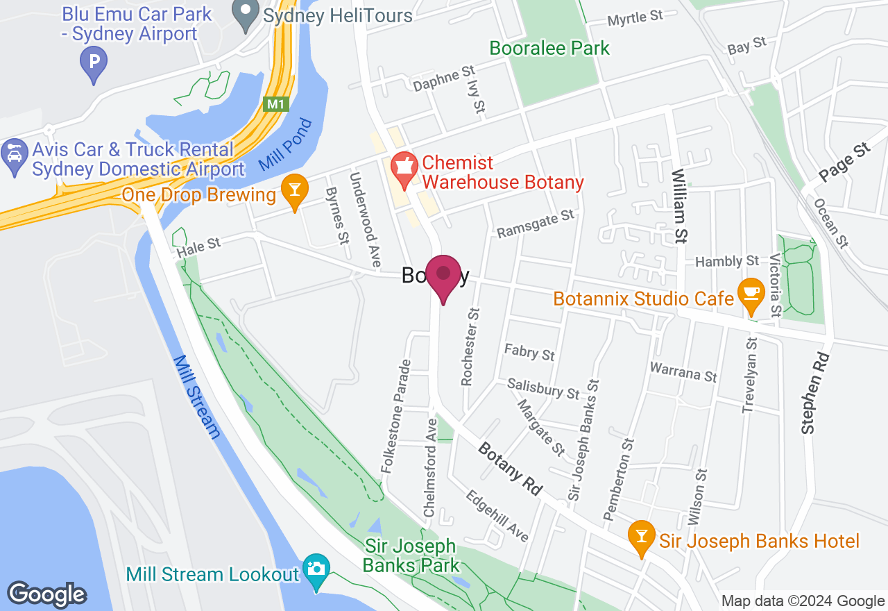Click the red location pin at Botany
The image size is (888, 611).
pos(443,275)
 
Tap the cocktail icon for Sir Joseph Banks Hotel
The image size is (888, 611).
pos(641,537)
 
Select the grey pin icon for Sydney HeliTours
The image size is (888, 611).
pos(244,15)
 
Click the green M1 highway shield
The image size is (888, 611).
pos(275,104)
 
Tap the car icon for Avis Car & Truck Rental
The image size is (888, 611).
pos(13,151)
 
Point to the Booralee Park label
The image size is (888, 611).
pos(549,48)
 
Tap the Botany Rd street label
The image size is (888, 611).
pos(510,469)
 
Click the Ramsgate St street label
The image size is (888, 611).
pos(536,224)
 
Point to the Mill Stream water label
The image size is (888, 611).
pos(197,397)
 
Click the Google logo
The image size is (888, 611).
pos(46,594)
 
